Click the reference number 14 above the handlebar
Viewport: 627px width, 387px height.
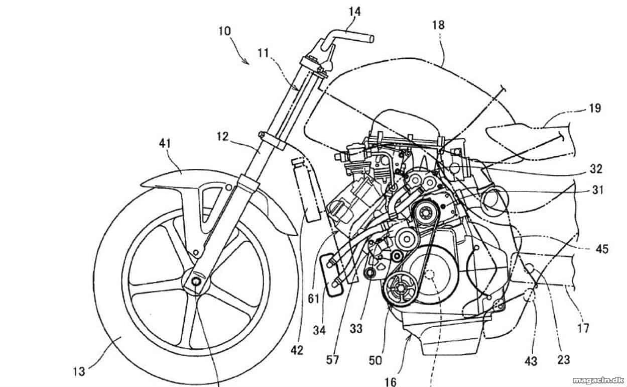coord(355,12)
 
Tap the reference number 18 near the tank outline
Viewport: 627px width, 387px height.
coord(438,25)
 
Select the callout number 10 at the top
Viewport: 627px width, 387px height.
coord(224,31)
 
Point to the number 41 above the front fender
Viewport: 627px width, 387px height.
coord(165,143)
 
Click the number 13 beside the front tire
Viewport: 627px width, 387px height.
coord(79,371)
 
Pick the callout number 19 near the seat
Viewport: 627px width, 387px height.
coord(595,108)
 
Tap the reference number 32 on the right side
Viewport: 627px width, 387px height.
coord(596,169)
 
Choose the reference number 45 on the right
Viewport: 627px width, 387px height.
coord(602,249)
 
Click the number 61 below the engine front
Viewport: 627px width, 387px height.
coord(313,299)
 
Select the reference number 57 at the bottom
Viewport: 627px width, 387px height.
coord(332,360)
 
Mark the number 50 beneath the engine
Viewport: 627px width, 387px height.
coord(375,360)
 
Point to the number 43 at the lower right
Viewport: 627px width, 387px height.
coord(531,361)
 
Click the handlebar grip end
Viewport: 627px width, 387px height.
coord(371,39)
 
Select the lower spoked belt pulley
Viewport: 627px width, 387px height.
coord(399,288)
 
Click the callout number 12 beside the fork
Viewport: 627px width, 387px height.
coord(222,137)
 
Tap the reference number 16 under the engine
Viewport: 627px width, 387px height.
coord(390,381)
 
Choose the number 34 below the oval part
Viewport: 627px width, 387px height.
coord(319,331)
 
